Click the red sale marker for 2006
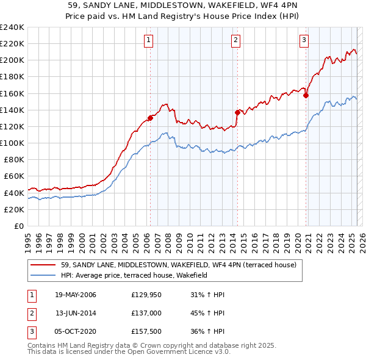[150, 118]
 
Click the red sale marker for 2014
[237, 112]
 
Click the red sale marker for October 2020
[306, 95]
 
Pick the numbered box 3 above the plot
[304, 41]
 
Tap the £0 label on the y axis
[18, 226]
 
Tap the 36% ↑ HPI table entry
[209, 331]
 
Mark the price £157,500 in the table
[146, 331]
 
